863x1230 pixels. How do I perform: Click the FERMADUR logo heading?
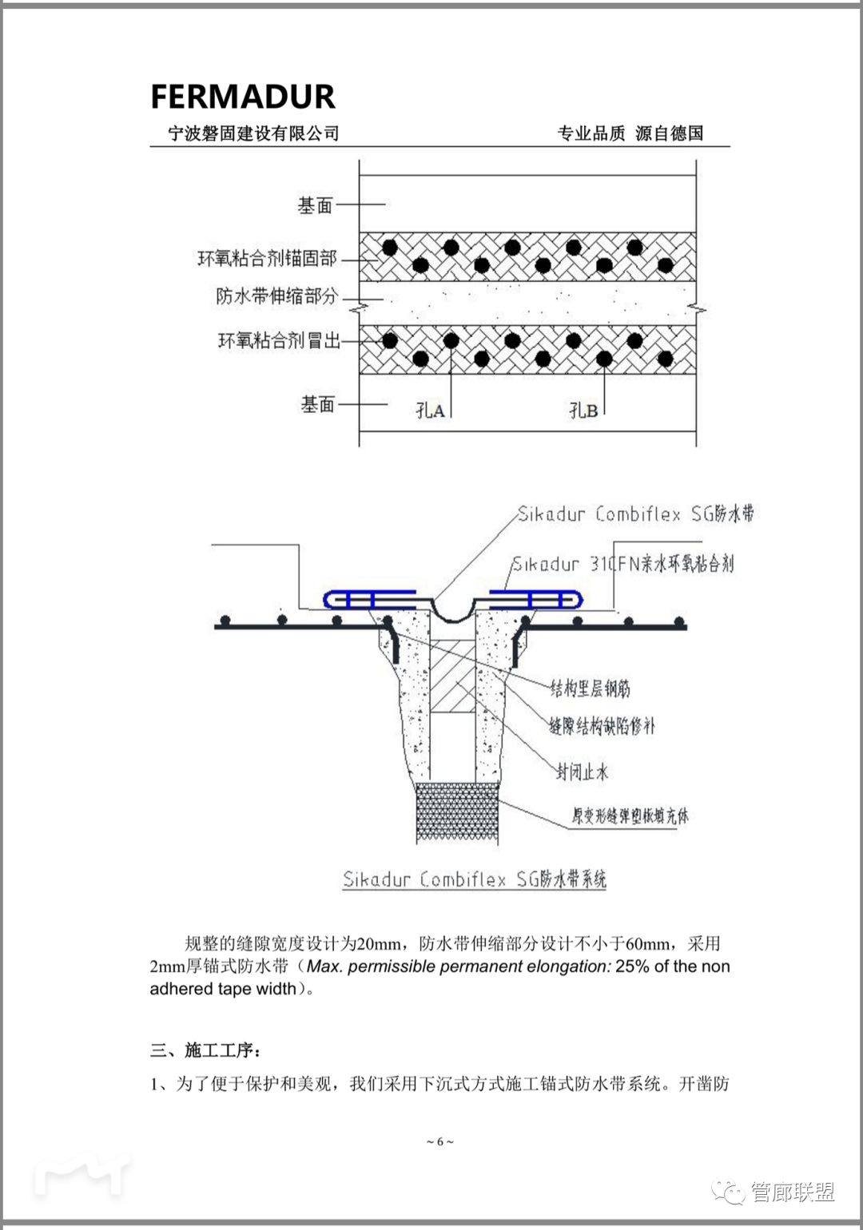pyautogui.click(x=243, y=97)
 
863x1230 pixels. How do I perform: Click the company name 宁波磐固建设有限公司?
pyautogui.click(x=253, y=133)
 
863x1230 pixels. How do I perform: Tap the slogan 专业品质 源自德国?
pyautogui.click(x=630, y=133)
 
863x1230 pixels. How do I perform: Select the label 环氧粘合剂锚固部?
pyautogui.click(x=267, y=258)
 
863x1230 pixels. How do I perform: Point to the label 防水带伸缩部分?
pyautogui.click(x=276, y=296)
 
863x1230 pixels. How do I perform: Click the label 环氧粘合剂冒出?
pyautogui.click(x=279, y=341)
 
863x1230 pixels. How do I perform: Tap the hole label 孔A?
pyautogui.click(x=430, y=411)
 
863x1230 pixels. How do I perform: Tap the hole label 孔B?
pyautogui.click(x=583, y=411)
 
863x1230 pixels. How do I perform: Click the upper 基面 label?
pyautogui.click(x=315, y=206)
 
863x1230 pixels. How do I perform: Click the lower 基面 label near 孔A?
pyautogui.click(x=317, y=405)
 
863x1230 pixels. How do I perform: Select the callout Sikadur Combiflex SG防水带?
pyautogui.click(x=635, y=514)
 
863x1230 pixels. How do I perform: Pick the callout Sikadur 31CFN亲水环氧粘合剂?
pyautogui.click(x=622, y=564)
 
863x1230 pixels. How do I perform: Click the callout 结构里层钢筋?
pyautogui.click(x=590, y=688)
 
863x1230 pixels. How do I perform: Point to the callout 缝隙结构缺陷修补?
pyautogui.click(x=602, y=726)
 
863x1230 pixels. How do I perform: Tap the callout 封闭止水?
pyautogui.click(x=582, y=772)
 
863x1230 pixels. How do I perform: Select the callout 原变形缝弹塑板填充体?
pyautogui.click(x=630, y=816)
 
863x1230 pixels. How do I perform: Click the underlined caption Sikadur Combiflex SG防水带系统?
pyautogui.click(x=475, y=880)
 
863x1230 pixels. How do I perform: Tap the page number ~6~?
pyautogui.click(x=439, y=1141)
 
